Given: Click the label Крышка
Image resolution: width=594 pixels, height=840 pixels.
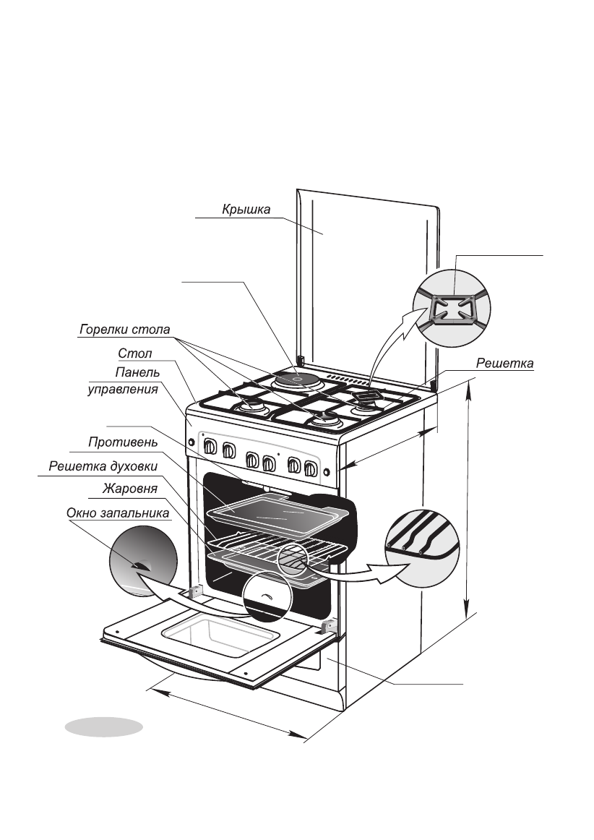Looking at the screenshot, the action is tap(246, 210).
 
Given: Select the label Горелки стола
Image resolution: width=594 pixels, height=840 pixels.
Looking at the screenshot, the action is tap(124, 330).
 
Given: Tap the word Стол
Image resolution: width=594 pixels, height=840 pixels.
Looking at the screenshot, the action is tap(135, 353).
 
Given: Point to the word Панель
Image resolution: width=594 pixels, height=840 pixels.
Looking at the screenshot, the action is tap(137, 372).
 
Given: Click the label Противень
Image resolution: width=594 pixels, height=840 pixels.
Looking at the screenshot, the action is tap(123, 442).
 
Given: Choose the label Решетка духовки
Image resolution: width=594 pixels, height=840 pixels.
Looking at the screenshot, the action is tap(103, 466).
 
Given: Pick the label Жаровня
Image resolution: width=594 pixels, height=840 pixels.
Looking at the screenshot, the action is tap(130, 489).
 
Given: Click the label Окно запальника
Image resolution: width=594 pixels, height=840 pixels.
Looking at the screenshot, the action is tap(118, 513).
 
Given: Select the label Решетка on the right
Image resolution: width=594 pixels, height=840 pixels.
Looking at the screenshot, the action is tap(504, 363).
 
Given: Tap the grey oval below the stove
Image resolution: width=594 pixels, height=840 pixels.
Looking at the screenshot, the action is tap(104, 727).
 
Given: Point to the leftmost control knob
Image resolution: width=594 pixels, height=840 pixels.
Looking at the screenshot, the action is tap(211, 446).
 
